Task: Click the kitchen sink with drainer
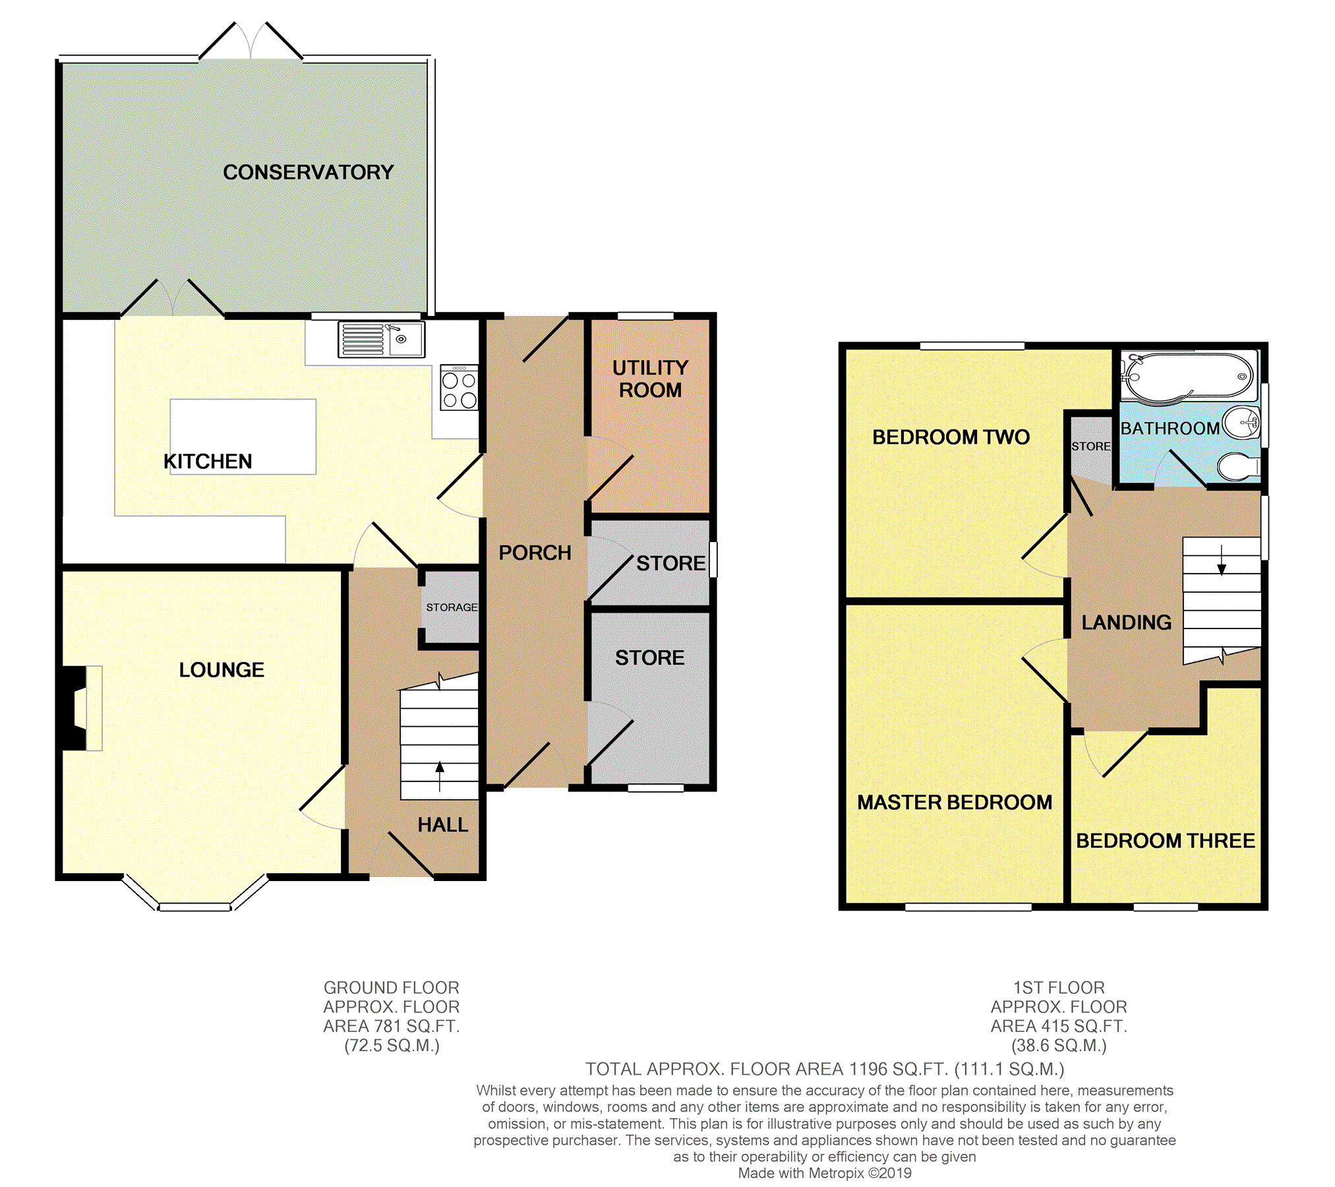380,339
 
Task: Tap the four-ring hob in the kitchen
459,389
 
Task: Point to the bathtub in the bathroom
1189,377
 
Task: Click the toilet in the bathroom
1238,467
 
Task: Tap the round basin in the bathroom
1242,422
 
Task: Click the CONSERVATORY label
308,172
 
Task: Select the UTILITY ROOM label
650,379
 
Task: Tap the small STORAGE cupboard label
452,607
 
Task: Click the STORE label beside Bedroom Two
1090,446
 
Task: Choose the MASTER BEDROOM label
954,803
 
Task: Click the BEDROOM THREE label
1165,841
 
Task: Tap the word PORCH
535,553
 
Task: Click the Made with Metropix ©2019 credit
824,1173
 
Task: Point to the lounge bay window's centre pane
194,907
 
